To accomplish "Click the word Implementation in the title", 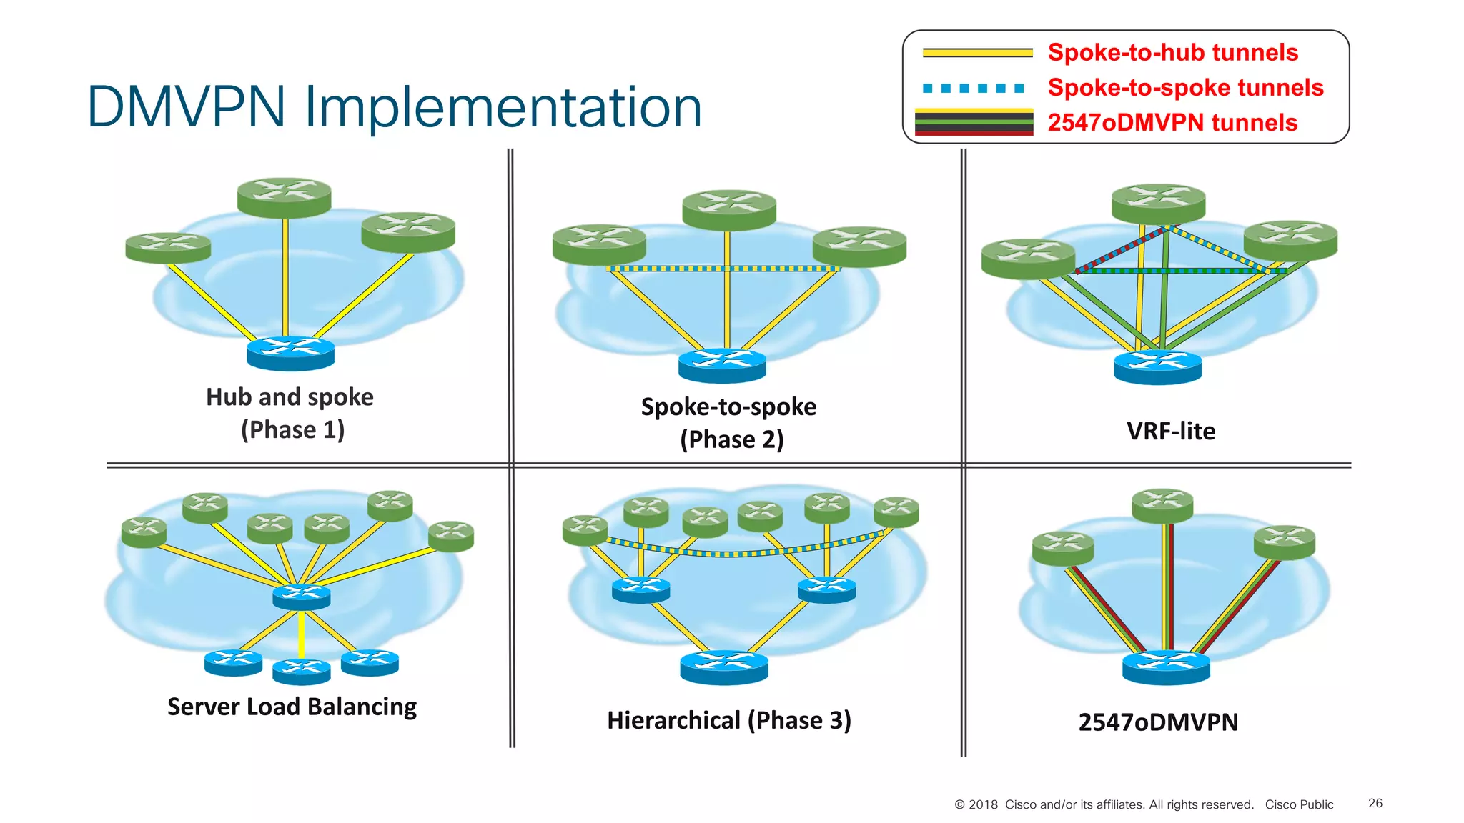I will (503, 108).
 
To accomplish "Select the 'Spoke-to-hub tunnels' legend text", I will (1172, 53).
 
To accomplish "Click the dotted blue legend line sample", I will (974, 89).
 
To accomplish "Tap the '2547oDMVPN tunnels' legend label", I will (1172, 123).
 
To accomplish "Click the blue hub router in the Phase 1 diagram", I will (291, 353).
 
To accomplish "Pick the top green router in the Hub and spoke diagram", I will (285, 197).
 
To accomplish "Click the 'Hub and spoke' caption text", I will (290, 397).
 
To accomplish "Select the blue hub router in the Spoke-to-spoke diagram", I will (722, 365).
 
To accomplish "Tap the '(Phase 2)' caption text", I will (731, 439).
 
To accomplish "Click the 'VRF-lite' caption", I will (1170, 432).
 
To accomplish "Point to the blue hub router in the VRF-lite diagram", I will (1157, 367).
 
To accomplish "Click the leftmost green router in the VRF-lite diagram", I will (1028, 258).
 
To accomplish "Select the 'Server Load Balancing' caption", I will (292, 707).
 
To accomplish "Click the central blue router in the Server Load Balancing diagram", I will (302, 597).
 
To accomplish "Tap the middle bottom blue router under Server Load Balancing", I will (302, 672).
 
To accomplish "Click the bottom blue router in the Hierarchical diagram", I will (723, 667).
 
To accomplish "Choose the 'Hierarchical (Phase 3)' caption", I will (728, 720).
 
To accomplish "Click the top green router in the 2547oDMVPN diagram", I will (1162, 505).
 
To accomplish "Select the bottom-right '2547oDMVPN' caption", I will (1158, 722).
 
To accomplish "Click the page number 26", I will (1375, 804).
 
